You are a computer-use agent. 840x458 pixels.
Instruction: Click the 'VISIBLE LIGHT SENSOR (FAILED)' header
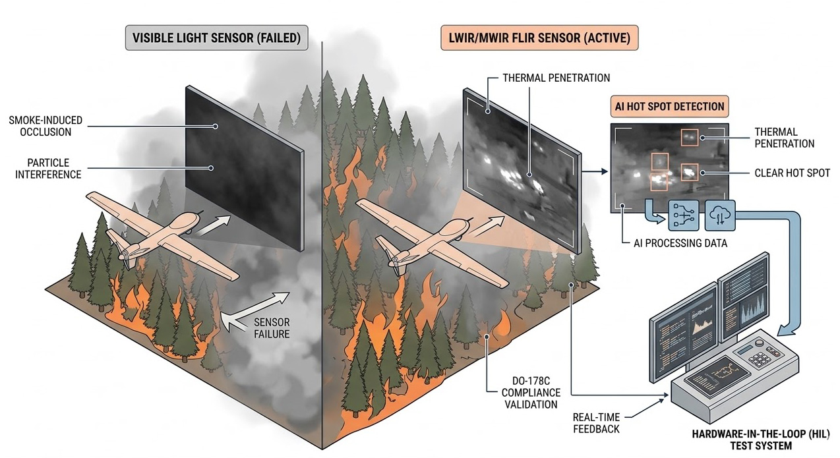pyautogui.click(x=216, y=38)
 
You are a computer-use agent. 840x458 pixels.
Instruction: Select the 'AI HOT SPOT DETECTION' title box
pyautogui.click(x=669, y=106)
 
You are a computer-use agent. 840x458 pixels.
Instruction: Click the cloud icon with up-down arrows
pyautogui.click(x=719, y=214)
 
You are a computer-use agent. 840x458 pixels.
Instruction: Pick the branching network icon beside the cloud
pyautogui.click(x=684, y=214)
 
